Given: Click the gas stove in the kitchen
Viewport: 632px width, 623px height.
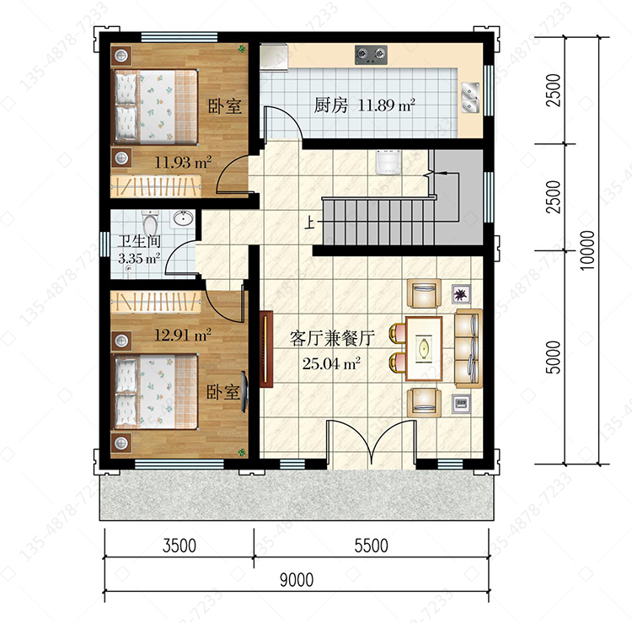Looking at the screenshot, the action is coord(371,55).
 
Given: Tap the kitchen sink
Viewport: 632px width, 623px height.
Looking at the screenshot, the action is coord(470,97).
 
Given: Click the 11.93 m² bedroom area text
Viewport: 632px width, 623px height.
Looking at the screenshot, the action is coord(183,162).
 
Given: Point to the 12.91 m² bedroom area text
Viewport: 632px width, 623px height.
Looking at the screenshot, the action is coord(183,335).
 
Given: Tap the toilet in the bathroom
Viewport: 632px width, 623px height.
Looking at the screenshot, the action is coord(150,223).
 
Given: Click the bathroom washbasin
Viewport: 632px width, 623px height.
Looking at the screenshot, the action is coord(184,218).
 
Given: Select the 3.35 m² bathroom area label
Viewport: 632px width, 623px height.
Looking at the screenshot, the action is coord(139,258).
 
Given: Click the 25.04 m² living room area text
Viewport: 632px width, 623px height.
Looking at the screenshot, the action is coord(331,363).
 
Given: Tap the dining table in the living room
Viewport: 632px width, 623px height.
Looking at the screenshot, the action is coord(424,348).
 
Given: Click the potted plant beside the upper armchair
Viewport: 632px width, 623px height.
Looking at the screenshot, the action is coord(461,293).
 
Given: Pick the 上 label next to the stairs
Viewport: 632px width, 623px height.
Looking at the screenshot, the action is coord(309,223).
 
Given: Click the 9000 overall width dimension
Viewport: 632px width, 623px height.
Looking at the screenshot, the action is coord(297,580).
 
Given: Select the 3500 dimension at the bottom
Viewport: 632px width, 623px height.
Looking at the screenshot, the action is coord(179,545).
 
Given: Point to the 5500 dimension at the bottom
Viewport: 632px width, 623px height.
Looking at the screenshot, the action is coord(372,545).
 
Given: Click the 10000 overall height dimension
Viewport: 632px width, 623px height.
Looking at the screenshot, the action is coord(587,250).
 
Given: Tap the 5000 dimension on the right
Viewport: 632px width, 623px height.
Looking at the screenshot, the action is coord(554,357).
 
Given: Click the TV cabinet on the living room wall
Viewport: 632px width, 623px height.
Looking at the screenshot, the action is coord(266,349).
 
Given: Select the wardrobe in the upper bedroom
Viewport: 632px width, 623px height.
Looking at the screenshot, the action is coord(156,186).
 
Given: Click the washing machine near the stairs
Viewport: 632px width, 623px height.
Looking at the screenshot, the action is coord(388,162).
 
